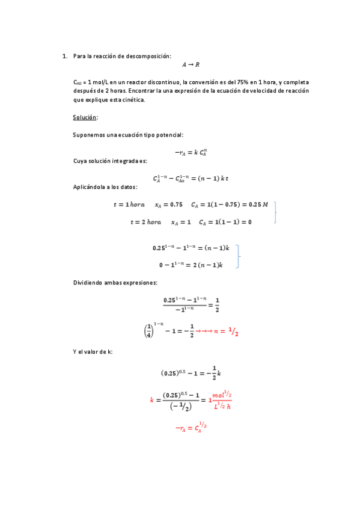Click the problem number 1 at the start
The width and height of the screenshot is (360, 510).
tap(64, 56)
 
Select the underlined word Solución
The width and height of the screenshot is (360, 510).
tap(85, 117)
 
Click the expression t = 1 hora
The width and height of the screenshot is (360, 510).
tap(129, 205)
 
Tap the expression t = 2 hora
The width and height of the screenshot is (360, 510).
tap(145, 223)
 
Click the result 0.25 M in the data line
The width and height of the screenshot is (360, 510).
tap(256, 205)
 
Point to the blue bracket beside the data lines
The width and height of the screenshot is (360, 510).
tap(275, 213)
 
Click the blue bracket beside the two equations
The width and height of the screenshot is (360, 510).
tap(239, 256)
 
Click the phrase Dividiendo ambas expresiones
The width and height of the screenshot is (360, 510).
tap(115, 282)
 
